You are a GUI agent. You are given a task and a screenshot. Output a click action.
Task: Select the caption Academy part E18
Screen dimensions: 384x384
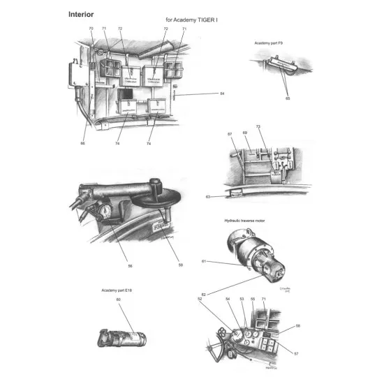tap(115, 290)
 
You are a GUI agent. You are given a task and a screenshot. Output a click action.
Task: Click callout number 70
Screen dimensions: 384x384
tap(91, 29)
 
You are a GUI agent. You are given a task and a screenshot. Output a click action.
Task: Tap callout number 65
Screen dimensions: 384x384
tap(287, 99)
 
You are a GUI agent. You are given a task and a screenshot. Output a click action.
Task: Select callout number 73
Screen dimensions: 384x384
tap(258, 127)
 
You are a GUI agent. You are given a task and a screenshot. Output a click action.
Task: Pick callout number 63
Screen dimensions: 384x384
tap(208, 198)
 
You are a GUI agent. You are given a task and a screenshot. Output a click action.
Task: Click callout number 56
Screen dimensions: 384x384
tap(130, 266)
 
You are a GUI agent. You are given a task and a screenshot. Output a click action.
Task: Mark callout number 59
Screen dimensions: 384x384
tap(180, 266)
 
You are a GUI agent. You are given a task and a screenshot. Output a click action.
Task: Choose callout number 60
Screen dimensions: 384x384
tap(118, 299)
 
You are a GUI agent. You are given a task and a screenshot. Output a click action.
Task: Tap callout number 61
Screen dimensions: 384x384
tap(204, 261)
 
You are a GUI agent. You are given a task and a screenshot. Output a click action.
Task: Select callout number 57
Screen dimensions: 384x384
tap(296, 354)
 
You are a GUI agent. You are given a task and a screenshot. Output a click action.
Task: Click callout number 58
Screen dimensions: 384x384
tap(297, 326)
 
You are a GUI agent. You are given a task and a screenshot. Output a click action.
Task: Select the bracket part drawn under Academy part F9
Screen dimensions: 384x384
tap(280, 66)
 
